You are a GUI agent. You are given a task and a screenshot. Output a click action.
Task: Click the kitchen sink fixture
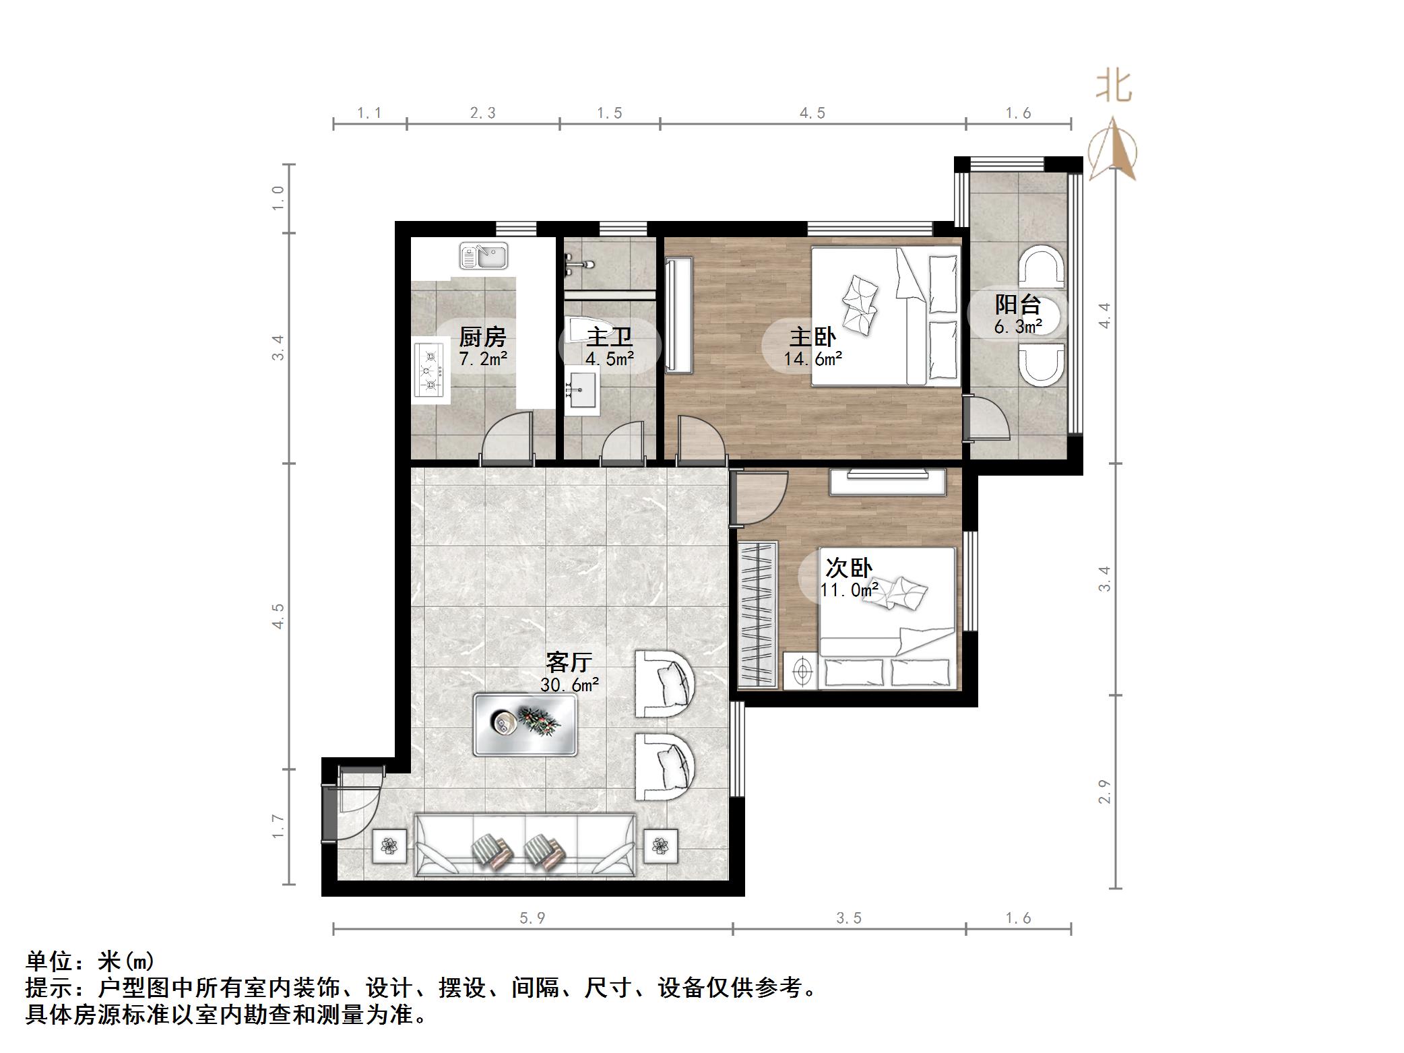(484, 256)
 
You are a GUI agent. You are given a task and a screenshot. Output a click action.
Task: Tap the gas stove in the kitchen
(429, 369)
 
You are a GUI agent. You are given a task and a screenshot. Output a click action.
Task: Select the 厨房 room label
(482, 336)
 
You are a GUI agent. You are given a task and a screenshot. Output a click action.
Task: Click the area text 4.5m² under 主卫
(609, 359)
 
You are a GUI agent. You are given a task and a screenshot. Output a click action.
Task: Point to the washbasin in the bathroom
(581, 390)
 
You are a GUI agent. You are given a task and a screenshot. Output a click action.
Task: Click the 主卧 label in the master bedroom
(812, 337)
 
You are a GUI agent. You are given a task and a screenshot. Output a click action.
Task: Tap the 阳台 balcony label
(1018, 305)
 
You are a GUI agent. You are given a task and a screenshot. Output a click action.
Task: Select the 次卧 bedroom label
(849, 568)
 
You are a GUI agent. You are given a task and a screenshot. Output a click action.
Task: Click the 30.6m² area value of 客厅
(569, 685)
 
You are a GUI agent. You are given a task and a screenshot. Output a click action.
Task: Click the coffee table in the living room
(525, 725)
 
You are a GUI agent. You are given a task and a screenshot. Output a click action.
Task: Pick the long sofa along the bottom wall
(525, 845)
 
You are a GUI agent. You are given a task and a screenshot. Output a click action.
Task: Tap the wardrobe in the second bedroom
(757, 614)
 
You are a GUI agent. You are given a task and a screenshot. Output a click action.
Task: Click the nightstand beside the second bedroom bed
(801, 670)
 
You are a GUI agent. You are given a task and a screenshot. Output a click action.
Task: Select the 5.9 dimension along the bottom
(532, 918)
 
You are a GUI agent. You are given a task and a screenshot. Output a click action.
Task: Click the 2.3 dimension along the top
(482, 113)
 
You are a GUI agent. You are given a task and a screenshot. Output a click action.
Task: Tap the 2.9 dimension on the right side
(1104, 792)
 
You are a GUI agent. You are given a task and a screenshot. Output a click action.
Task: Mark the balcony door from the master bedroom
(987, 419)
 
